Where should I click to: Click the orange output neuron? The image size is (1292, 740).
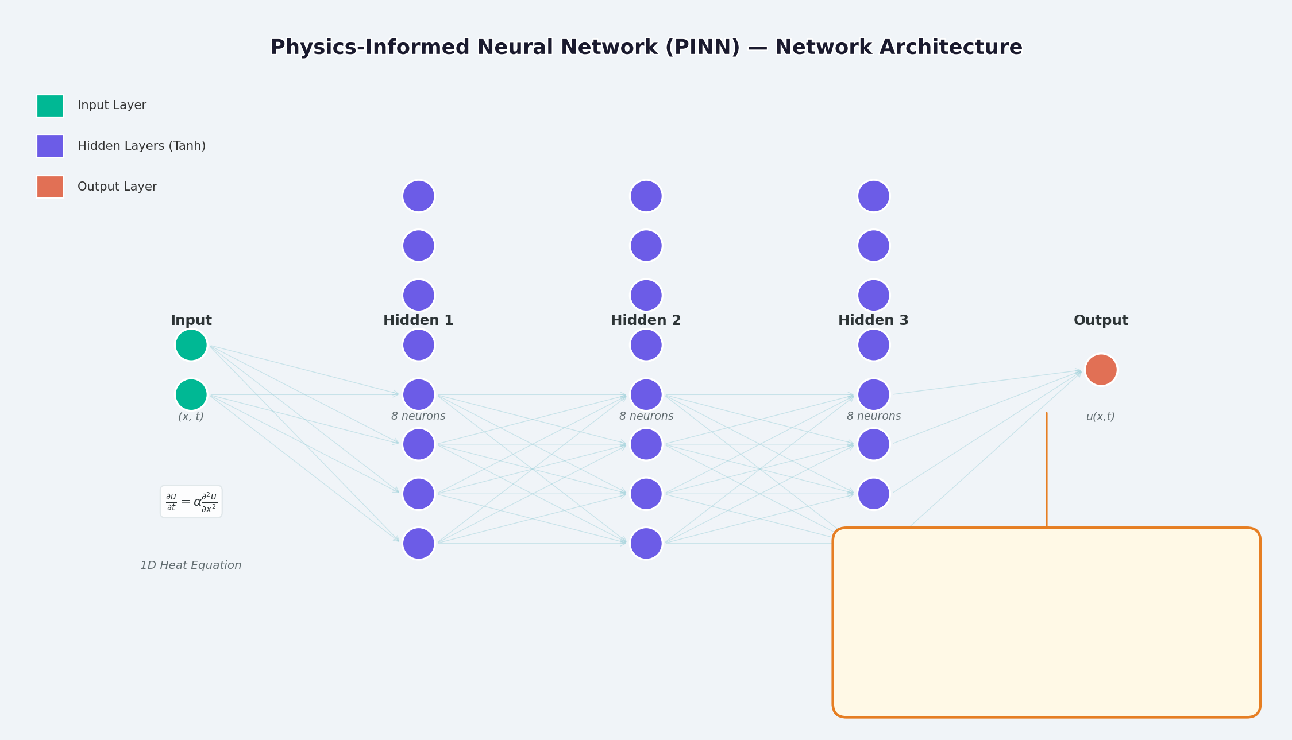tap(1101, 370)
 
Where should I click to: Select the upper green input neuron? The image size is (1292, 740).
tap(191, 345)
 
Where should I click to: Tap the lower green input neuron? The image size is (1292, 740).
tap(191, 394)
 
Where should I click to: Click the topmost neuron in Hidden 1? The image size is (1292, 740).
tap(418, 196)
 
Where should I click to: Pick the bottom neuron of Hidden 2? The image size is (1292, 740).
tap(646, 543)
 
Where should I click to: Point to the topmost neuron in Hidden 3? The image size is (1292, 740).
tap(873, 196)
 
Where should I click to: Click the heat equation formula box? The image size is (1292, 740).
tap(191, 502)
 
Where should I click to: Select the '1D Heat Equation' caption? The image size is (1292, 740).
tap(191, 565)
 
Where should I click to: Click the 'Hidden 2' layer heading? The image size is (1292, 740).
tap(646, 320)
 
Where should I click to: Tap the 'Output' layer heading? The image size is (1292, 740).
tap(1101, 320)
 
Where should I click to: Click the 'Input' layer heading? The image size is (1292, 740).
tap(191, 320)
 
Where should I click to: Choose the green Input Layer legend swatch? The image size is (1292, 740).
tap(51, 106)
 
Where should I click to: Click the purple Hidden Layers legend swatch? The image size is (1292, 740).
tap(51, 146)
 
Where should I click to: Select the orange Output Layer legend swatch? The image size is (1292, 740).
tap(51, 187)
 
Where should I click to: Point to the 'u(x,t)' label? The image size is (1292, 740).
tap(1100, 417)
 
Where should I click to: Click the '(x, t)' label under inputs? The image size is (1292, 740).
tap(191, 417)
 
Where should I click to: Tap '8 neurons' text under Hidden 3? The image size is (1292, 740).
tap(873, 416)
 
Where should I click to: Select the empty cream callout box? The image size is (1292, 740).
tap(1046, 622)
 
